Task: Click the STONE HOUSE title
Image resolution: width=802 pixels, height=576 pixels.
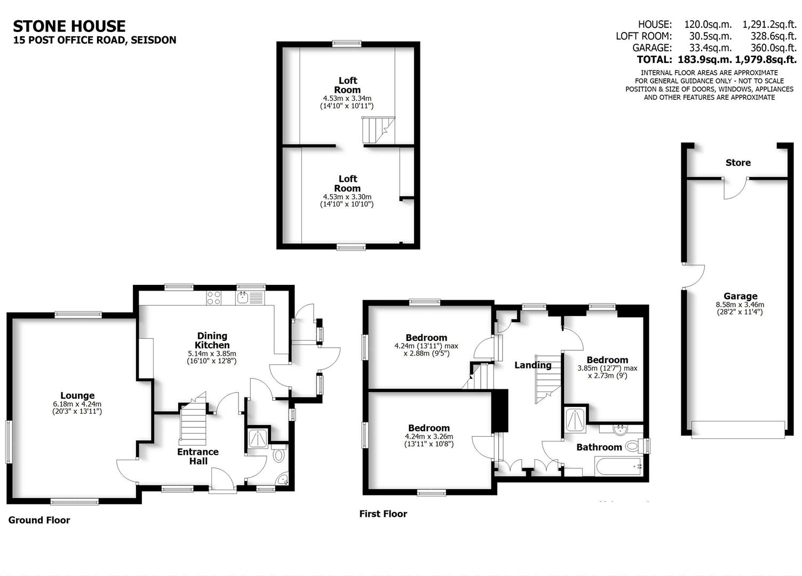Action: click(69, 26)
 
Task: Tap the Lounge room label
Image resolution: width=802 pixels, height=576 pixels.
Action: click(77, 395)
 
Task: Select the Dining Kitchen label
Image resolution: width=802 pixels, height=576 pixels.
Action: click(212, 340)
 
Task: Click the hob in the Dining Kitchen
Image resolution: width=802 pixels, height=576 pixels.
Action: click(214, 298)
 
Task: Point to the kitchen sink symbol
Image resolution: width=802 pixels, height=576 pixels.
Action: click(243, 298)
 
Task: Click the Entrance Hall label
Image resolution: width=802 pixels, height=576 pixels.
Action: click(198, 456)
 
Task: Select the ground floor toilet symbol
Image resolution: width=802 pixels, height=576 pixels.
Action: click(278, 456)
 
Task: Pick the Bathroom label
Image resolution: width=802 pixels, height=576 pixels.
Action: click(599, 447)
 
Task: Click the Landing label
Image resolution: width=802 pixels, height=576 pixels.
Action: click(533, 365)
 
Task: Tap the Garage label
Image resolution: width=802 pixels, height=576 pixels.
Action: click(740, 296)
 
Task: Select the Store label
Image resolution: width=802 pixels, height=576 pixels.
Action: click(738, 163)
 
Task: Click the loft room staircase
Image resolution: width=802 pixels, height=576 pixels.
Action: click(377, 130)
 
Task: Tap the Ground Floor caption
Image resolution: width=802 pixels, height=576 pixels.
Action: click(39, 520)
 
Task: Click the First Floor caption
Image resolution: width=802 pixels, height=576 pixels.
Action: click(383, 514)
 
